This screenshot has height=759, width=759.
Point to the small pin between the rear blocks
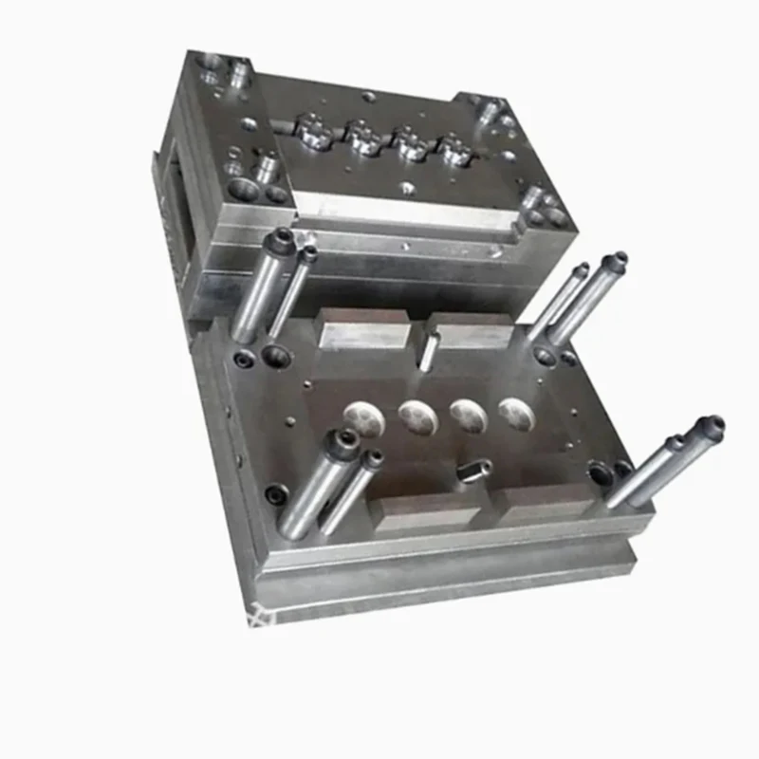429,350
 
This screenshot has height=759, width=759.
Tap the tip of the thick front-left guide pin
342,438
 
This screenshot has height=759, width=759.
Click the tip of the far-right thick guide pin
710,425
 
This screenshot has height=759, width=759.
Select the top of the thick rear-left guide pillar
282,238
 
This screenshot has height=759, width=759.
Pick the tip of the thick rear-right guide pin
617,259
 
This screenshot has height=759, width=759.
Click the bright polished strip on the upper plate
398,210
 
